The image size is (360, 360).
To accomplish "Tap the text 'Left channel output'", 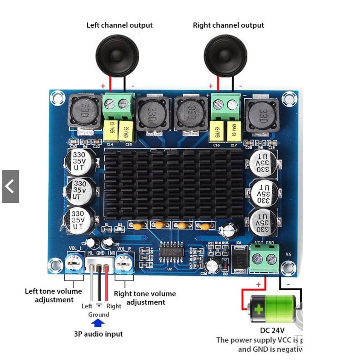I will pos(119,25).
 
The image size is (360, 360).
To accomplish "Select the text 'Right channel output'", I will pos(228,25).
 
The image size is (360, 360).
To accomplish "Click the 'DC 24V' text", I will pos(272,330).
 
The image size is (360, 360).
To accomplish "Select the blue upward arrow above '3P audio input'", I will pos(98,323).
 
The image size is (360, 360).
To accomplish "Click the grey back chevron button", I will pos(10,186).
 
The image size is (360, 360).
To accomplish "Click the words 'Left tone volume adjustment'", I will pos(54,295).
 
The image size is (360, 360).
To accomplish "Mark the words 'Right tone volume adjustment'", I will pos(145,298).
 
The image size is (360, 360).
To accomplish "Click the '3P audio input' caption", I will pos(98,334).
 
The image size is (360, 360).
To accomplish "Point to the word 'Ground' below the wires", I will pos(99,315).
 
